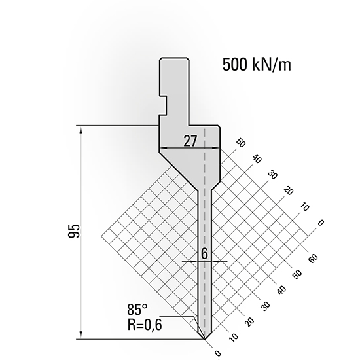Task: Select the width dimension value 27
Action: (x=189, y=140)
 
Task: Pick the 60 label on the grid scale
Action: (x=313, y=257)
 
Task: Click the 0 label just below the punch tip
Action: (x=217, y=354)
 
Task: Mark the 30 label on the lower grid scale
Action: (x=264, y=306)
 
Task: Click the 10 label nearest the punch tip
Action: (x=232, y=338)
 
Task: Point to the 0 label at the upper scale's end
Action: (x=320, y=224)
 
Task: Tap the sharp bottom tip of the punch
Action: (x=205, y=340)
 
